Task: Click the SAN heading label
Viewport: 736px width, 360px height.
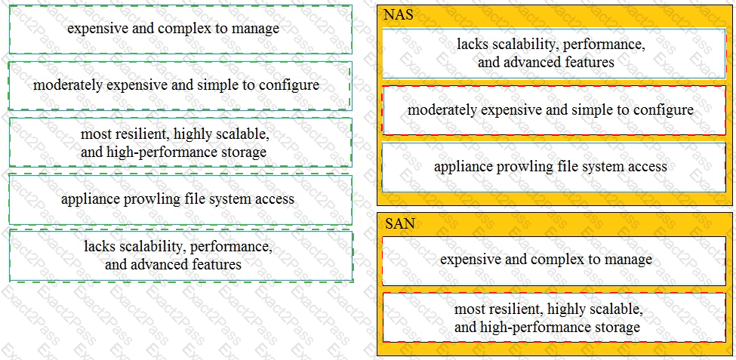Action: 399,224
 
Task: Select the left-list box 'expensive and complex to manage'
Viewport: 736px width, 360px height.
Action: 180,29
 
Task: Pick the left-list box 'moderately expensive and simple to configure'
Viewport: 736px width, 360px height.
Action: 180,86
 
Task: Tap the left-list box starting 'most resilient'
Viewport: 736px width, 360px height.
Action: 180,142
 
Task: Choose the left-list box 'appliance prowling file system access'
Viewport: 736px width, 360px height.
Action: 180,199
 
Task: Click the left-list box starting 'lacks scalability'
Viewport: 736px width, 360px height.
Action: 180,256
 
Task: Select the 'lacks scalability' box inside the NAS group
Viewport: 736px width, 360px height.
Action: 554,54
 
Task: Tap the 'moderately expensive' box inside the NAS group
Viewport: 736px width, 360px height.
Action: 554,110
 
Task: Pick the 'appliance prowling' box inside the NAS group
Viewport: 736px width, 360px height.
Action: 554,168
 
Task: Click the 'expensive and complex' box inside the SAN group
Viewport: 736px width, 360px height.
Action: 554,260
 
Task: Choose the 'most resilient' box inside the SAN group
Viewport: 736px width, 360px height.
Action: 554,318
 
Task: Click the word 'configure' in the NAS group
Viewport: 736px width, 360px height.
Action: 667,111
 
